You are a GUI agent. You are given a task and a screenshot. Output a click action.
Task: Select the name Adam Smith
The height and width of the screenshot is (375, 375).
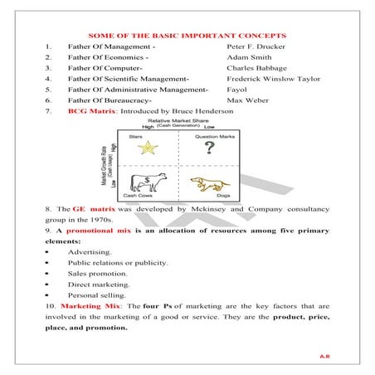[x=247, y=61]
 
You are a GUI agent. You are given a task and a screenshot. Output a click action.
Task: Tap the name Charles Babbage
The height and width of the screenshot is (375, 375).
[x=256, y=72]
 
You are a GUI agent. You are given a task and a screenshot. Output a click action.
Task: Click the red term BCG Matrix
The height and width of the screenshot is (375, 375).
[x=90, y=122]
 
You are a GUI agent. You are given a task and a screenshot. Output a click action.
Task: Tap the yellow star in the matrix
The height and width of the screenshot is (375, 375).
[x=148, y=148]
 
